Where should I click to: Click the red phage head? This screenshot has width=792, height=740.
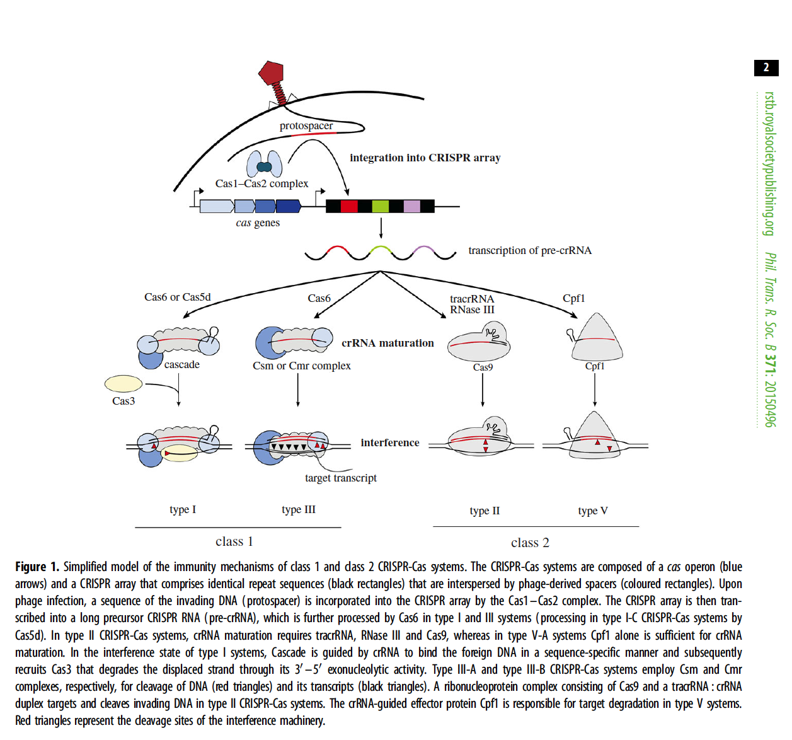pyautogui.click(x=272, y=72)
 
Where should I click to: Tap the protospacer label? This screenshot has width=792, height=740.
pyautogui.click(x=306, y=125)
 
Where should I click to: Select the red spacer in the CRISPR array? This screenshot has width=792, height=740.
pyautogui.click(x=349, y=206)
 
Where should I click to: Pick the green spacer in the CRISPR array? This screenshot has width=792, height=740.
pyautogui.click(x=381, y=206)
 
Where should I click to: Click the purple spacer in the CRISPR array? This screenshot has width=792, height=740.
pyautogui.click(x=412, y=206)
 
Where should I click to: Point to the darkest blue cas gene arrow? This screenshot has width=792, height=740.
pyautogui.click(x=289, y=206)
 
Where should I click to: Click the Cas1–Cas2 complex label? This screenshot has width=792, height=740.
pyautogui.click(x=261, y=183)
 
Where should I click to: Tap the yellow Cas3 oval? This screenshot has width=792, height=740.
pyautogui.click(x=123, y=383)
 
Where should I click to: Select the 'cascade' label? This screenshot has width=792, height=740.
pyautogui.click(x=182, y=364)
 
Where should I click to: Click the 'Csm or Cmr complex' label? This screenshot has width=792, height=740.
pyautogui.click(x=302, y=366)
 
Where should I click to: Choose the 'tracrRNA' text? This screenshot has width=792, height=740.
pyautogui.click(x=472, y=299)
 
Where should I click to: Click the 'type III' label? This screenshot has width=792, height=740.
pyautogui.click(x=299, y=509)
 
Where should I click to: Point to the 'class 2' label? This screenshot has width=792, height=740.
pyautogui.click(x=530, y=543)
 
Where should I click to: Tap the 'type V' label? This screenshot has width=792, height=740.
pyautogui.click(x=593, y=511)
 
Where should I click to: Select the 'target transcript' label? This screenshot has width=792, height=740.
pyautogui.click(x=341, y=478)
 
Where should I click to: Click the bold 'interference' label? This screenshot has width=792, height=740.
pyautogui.click(x=390, y=442)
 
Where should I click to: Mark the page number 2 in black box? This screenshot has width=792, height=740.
pyautogui.click(x=766, y=67)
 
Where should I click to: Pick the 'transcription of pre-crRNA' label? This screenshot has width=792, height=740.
pyautogui.click(x=530, y=250)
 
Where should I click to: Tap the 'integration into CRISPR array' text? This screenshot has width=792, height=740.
pyautogui.click(x=425, y=158)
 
